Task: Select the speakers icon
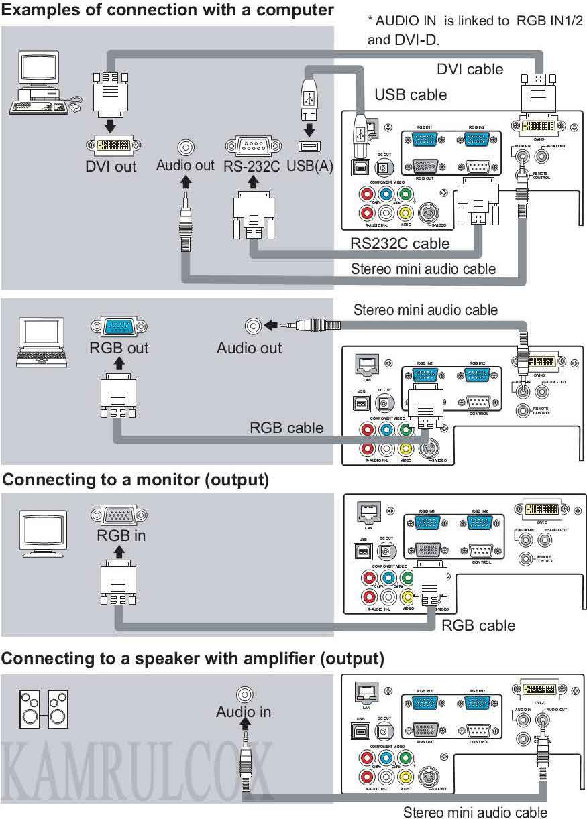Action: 44,709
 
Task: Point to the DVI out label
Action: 111,166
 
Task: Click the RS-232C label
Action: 252,166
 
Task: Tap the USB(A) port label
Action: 310,166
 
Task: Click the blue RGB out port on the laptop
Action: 119,327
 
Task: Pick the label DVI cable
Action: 470,69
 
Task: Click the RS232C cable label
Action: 400,243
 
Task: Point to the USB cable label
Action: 411,94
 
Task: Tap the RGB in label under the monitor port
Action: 121,535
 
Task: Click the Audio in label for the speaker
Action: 244,712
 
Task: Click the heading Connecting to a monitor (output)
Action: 136,480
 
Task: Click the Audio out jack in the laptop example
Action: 253,326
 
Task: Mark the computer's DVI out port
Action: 110,145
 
